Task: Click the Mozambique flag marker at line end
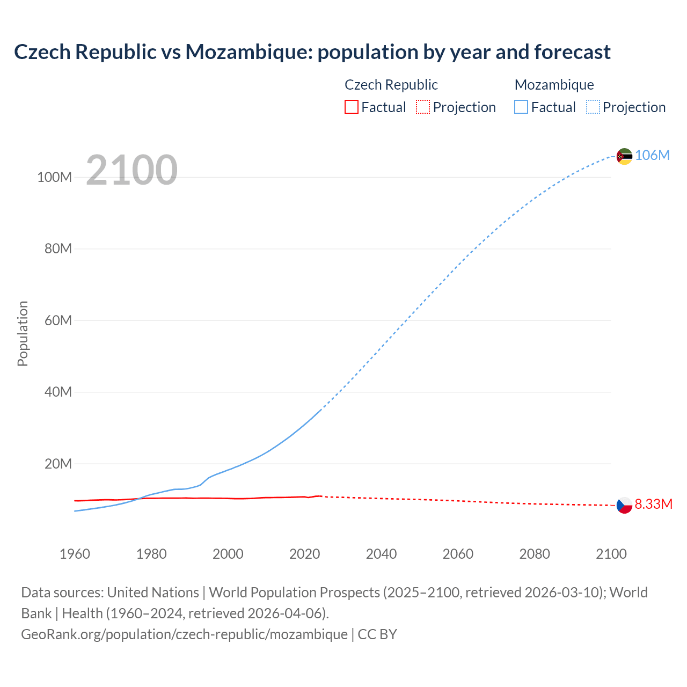(x=624, y=156)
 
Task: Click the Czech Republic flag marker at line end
(x=624, y=505)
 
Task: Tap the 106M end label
(x=652, y=155)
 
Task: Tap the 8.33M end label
(x=653, y=504)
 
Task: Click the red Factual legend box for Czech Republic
(x=351, y=107)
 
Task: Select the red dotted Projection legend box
(x=423, y=107)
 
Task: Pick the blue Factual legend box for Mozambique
(x=521, y=107)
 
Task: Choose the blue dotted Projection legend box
(x=593, y=107)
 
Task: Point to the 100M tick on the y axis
(x=54, y=177)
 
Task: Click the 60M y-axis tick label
(x=57, y=320)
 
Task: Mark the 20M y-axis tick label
(x=57, y=464)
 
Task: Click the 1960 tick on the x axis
(x=75, y=554)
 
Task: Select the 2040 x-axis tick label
(x=381, y=554)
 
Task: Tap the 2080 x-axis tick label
(x=535, y=554)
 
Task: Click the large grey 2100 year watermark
(x=131, y=170)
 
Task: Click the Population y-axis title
(x=23, y=333)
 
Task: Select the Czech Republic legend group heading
(x=391, y=85)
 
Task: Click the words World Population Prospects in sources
(x=294, y=592)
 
